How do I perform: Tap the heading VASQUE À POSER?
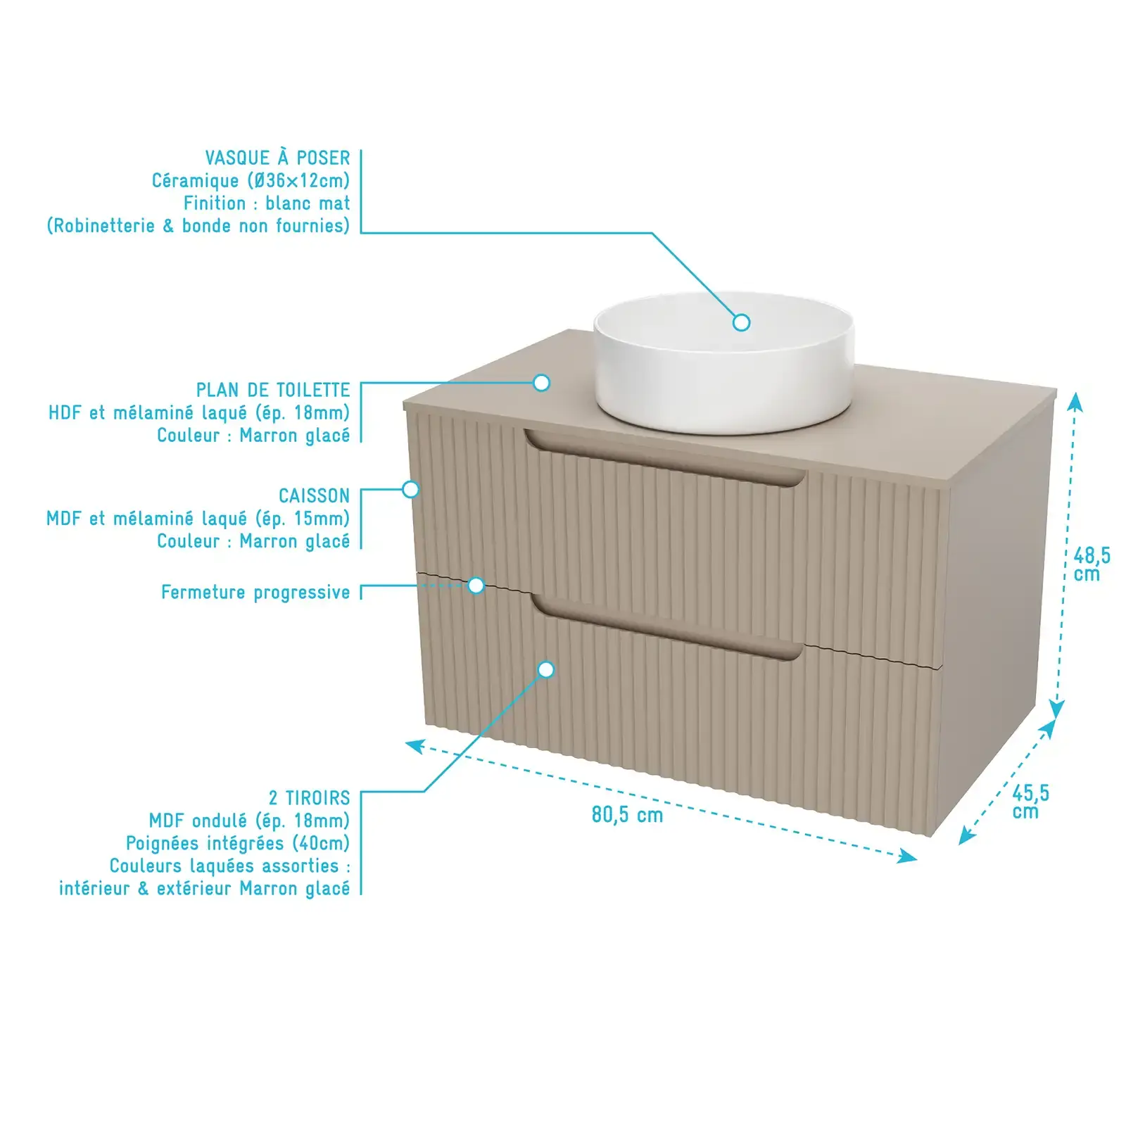(277, 158)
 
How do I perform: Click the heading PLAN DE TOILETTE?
(273, 390)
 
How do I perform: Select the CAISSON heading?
(314, 496)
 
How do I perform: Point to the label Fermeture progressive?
(255, 593)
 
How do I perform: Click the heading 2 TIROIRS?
(309, 798)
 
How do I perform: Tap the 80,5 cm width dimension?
(627, 815)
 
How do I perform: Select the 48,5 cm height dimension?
(1092, 564)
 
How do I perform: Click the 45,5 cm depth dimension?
(1030, 802)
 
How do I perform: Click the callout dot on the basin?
(741, 322)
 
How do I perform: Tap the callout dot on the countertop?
(541, 383)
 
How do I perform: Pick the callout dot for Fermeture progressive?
(476, 586)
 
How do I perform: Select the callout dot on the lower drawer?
(546, 670)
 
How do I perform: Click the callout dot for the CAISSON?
(411, 489)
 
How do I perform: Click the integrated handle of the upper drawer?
(664, 458)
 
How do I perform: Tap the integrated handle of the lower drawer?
(666, 628)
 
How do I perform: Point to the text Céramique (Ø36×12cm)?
(251, 181)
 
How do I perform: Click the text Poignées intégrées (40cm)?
(238, 843)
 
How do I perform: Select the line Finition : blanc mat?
(267, 203)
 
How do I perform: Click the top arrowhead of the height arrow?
(1075, 402)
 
